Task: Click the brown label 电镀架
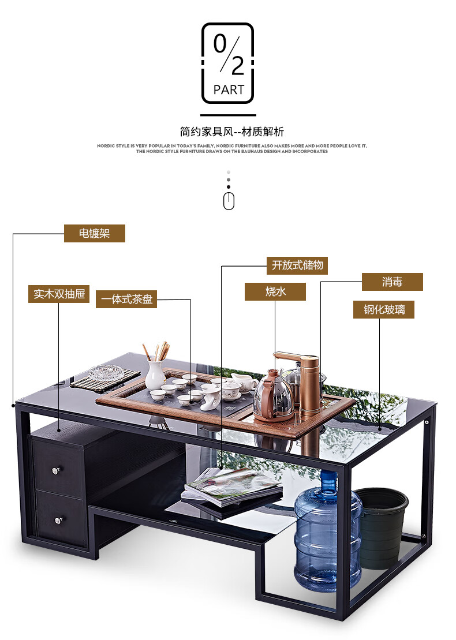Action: (94, 233)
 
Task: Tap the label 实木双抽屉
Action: (59, 294)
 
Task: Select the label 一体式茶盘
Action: (126, 299)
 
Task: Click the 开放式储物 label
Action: (298, 265)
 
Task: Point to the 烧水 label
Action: (275, 291)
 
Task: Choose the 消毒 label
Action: (392, 282)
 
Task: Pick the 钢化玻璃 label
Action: (384, 309)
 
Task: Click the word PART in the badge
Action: (229, 89)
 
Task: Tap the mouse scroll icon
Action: (229, 201)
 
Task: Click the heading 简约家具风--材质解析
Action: (231, 132)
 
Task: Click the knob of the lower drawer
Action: (58, 521)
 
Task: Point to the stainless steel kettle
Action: (272, 397)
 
